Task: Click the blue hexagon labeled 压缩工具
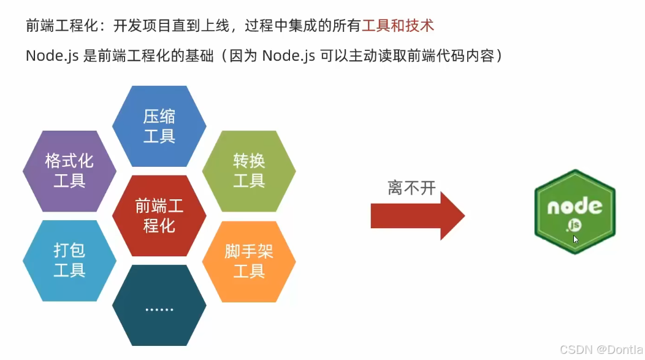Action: coord(159,126)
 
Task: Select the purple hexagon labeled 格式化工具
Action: coord(69,171)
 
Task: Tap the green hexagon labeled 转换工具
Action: coord(249,171)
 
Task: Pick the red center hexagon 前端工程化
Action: coord(159,216)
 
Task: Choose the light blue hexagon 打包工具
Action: coord(69,261)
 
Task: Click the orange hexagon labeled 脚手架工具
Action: coord(249,261)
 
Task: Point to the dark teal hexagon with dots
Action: coord(159,305)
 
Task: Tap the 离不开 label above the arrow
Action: coord(411,188)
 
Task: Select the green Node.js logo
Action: coord(574,212)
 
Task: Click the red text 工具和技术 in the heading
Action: coord(398,26)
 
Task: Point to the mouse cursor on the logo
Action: coord(576,239)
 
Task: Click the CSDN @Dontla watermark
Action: coord(601,349)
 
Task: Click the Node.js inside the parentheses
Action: coord(288,56)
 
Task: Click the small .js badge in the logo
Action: coord(574,226)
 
